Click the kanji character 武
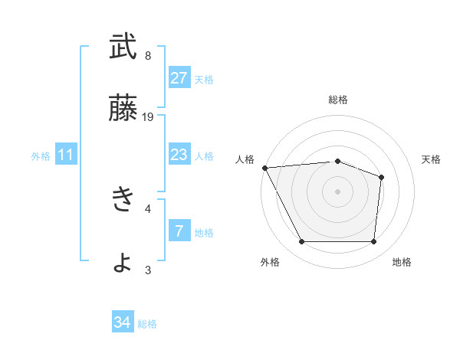[123, 47]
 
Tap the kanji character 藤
[123, 108]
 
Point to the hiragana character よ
[123, 262]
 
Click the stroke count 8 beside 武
[147, 56]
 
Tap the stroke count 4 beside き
[147, 208]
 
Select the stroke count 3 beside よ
[147, 270]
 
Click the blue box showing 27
[179, 78]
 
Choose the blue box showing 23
[179, 155]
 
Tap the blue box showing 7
[179, 231]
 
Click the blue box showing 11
[66, 155]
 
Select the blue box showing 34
[122, 323]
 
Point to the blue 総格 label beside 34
[147, 324]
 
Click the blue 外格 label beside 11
[41, 156]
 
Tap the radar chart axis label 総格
[337, 100]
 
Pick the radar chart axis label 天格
[431, 159]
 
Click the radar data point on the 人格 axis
[264, 168]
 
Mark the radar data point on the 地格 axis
[373, 242]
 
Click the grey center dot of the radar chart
[337, 191]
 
